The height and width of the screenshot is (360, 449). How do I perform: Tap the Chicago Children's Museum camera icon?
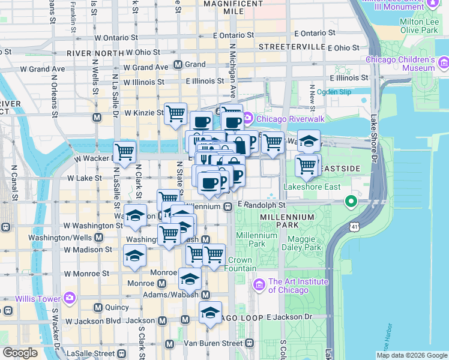444,62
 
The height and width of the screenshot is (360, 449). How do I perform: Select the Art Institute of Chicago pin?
260,283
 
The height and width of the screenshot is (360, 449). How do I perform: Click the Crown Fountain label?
240,265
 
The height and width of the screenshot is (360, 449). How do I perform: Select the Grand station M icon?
178,64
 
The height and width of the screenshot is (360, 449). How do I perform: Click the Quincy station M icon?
98,307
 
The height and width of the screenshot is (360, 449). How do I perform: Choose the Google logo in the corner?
20,353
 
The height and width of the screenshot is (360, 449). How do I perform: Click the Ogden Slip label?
334,92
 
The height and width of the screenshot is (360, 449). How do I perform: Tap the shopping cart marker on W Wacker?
125,152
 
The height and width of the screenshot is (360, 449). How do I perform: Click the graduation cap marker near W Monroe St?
135,256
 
